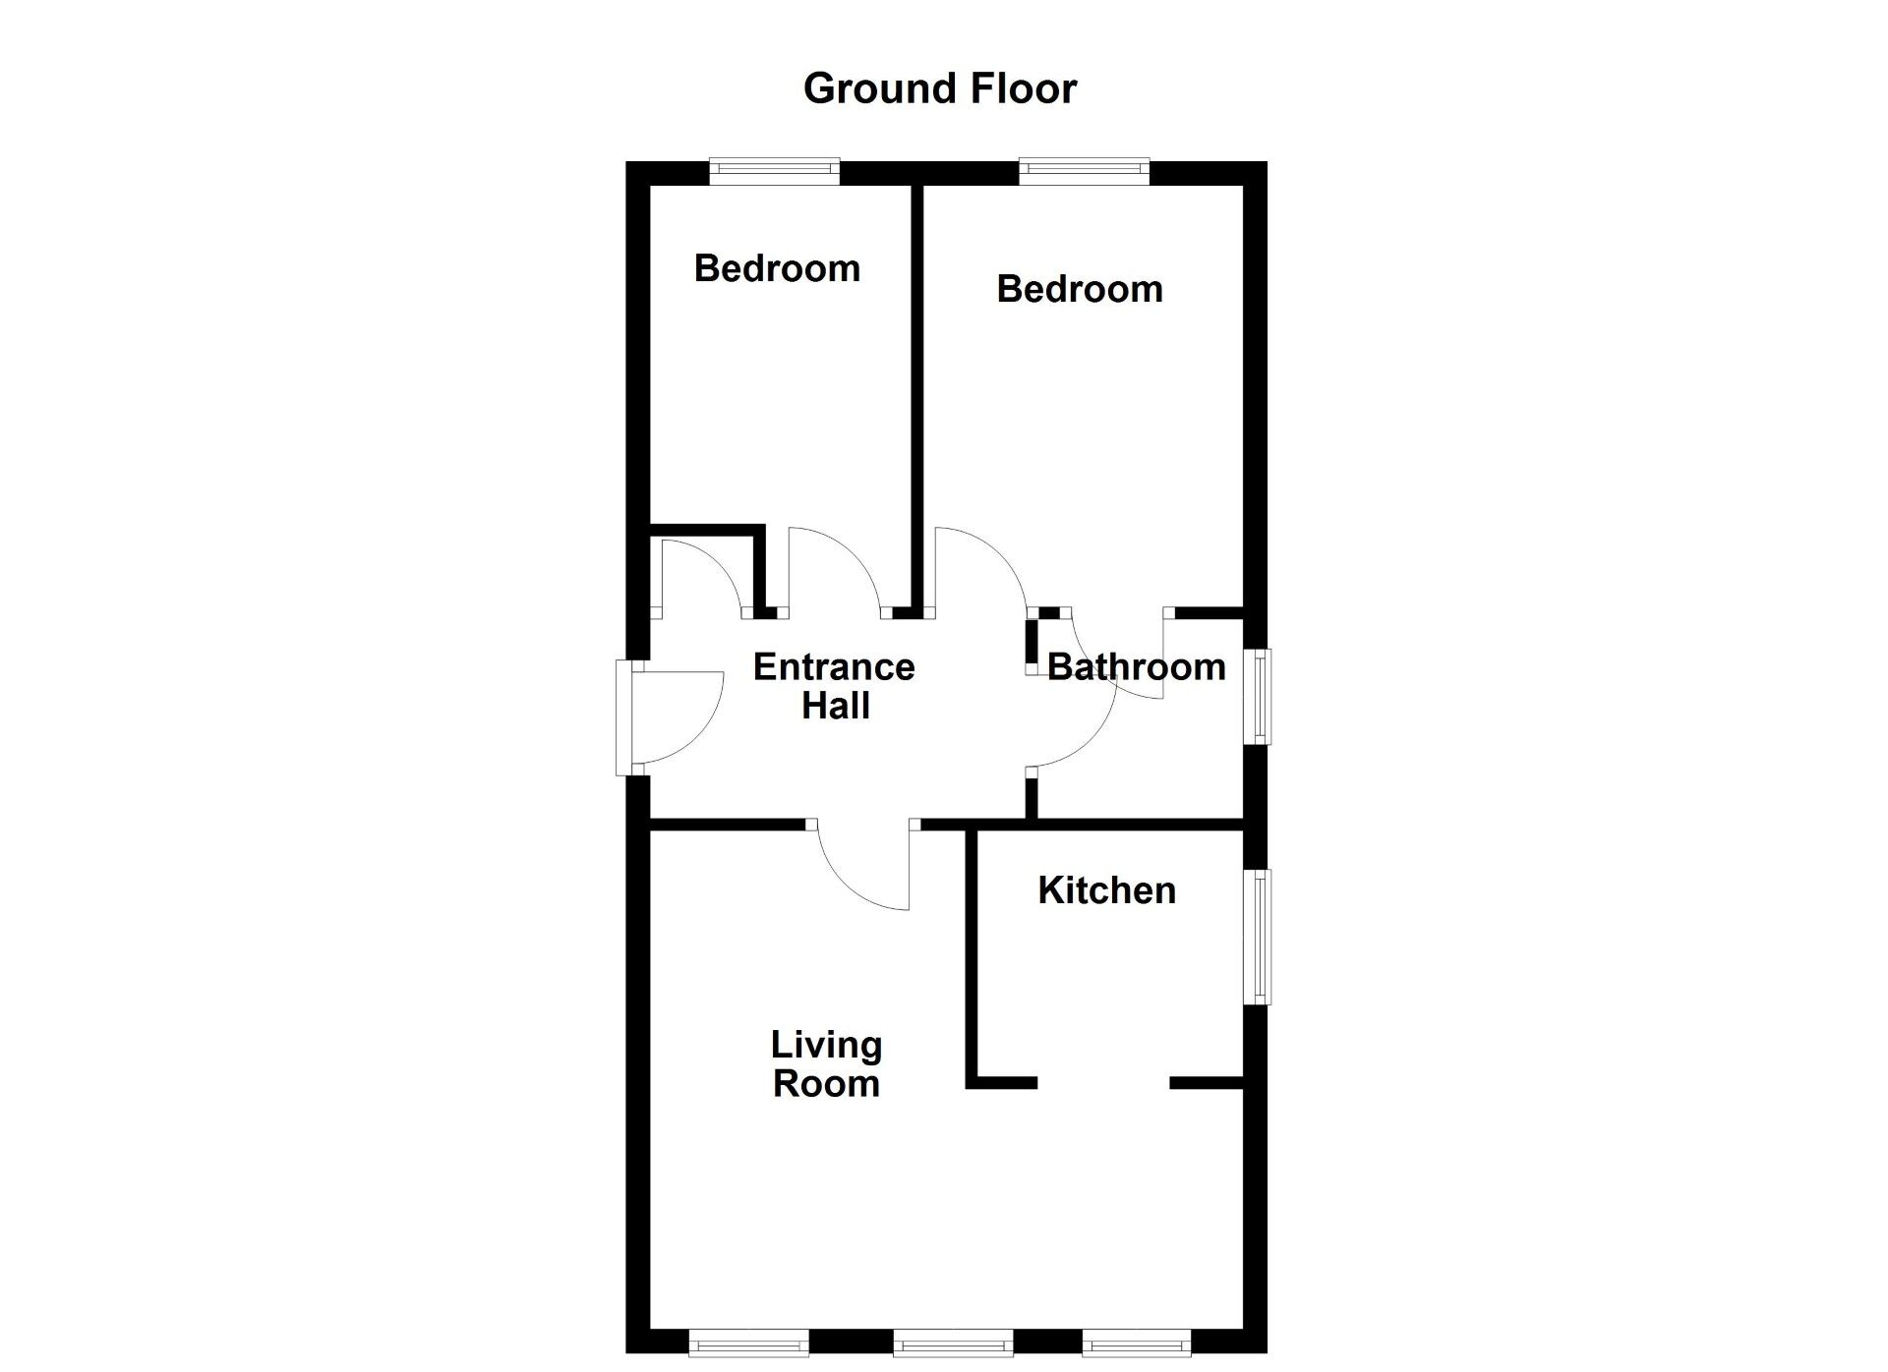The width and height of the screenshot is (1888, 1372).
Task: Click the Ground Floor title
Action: tap(940, 88)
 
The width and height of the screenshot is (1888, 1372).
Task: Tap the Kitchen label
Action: tap(1106, 890)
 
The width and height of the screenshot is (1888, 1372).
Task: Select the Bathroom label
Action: tap(1136, 667)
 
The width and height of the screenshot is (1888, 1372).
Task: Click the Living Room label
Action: tap(826, 1064)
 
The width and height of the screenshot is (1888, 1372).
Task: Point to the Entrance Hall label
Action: tap(834, 686)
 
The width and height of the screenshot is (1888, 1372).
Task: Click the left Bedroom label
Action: tap(777, 268)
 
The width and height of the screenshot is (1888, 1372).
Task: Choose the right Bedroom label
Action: tap(1080, 289)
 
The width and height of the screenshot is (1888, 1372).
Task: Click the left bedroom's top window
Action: tap(775, 172)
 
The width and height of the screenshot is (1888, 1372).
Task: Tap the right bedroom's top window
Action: tap(1085, 172)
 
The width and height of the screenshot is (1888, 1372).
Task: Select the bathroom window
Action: tap(1258, 696)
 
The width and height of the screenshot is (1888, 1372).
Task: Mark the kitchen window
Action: tap(1258, 937)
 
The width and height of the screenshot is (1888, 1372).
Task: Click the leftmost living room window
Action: tap(748, 1343)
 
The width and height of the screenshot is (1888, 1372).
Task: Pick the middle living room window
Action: tap(953, 1343)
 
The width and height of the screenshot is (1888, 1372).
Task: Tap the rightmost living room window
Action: tap(1136, 1343)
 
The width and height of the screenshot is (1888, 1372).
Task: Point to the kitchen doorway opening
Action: tap(1103, 1083)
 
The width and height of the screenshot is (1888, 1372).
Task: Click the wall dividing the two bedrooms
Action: tap(916, 393)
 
